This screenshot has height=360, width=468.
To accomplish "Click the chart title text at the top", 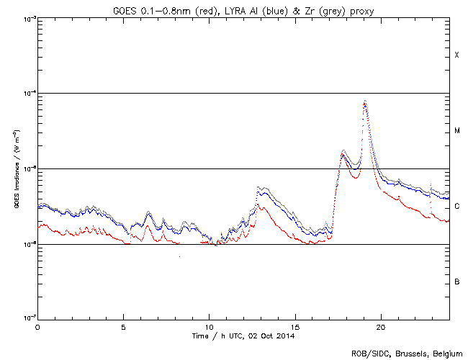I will pos(243,8).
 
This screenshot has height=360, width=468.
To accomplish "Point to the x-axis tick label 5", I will pos(123,326).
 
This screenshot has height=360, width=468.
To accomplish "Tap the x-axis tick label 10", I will pos(209,326).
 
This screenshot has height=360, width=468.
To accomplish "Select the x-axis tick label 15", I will pos(295,326).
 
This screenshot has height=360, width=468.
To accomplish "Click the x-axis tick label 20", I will pos(381,326).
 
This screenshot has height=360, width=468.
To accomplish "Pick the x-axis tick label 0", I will pos(37,326).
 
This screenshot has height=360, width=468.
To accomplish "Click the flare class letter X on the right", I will pos(456,55).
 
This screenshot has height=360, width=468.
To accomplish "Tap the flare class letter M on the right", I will pos(456,131).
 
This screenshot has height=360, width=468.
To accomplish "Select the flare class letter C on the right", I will pos(456,207).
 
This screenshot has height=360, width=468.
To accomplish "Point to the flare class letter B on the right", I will pos(456,282).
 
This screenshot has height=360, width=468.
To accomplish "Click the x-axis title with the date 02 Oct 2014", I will pos(243,336).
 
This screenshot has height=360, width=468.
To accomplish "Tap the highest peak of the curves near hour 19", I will pos(365,102).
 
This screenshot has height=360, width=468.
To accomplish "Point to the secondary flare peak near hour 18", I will pos(343,151).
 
